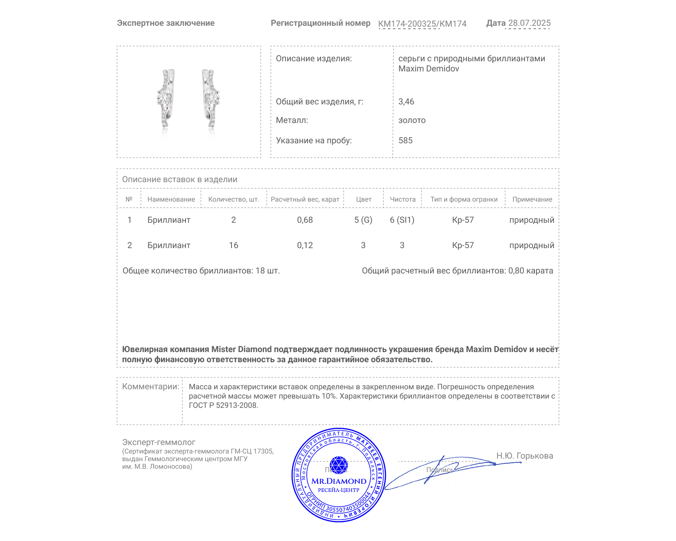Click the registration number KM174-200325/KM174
point(422,24)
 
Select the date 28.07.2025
point(529,23)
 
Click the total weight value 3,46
point(406,101)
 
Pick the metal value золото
point(412,120)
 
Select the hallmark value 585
point(405,140)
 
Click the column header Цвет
point(363,199)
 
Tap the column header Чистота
point(402,199)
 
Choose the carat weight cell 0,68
point(305,220)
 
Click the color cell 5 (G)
point(363,220)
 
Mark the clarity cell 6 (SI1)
point(402,220)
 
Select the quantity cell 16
point(233,245)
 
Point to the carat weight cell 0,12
point(305,245)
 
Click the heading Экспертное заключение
point(166,23)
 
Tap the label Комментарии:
point(150,386)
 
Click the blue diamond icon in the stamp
point(338,465)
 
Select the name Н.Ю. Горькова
point(524,456)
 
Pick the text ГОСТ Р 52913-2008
point(223,405)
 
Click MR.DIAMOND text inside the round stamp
point(339,481)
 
